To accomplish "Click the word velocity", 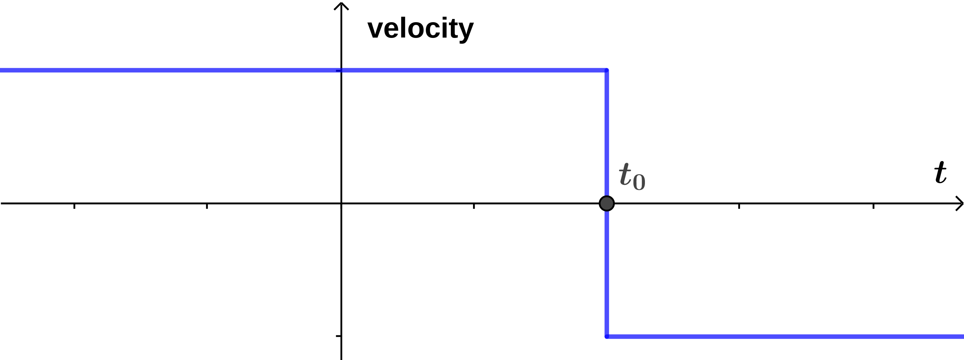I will coord(420,29).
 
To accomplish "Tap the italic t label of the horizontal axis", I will coord(941,173).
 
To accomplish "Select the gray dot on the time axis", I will coord(607,203).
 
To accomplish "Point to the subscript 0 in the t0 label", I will coord(639,183).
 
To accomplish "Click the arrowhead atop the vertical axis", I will coord(341,5).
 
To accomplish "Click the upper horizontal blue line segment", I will coord(471,70).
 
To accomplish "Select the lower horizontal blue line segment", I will coord(786,337).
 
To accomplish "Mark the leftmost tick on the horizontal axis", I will coord(75,205).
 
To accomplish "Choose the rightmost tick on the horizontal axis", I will coord(873,205).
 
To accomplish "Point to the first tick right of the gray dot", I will coord(739,205).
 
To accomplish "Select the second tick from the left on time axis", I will coord(207,205).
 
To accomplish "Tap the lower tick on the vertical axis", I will coord(339,336).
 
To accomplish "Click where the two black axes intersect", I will coord(341,203).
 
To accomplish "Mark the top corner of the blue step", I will coord(607,70).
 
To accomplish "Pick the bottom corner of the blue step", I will coord(607,337).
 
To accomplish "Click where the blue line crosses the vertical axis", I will coord(341,70).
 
